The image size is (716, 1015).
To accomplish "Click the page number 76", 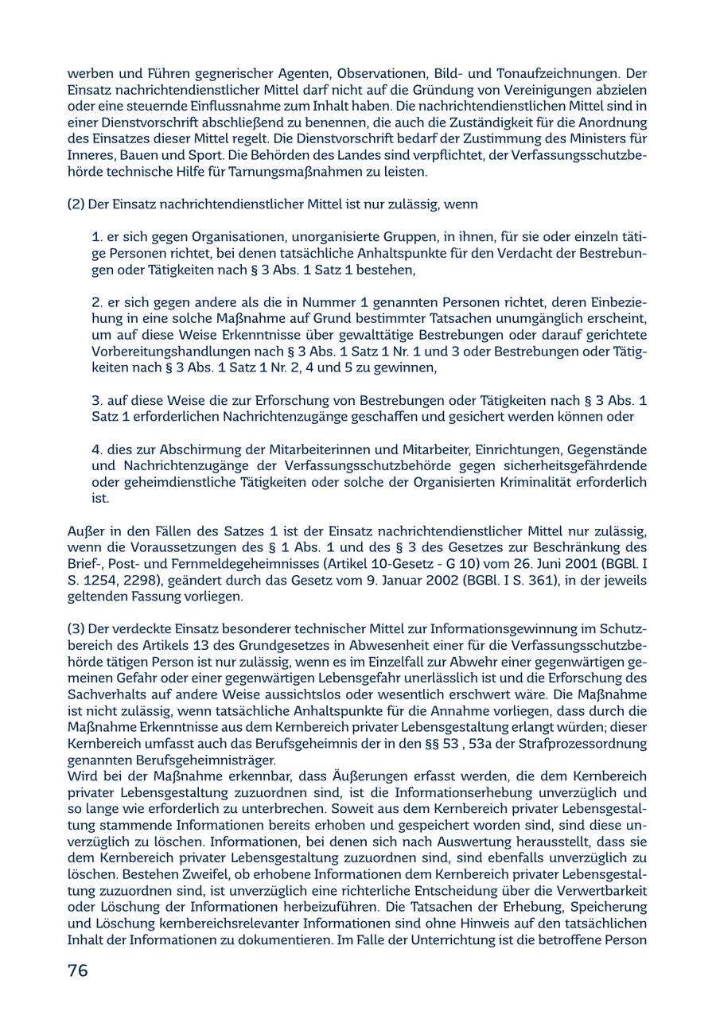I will pyautogui.click(x=78, y=970).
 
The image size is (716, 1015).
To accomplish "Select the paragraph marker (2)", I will pyautogui.click(x=76, y=204).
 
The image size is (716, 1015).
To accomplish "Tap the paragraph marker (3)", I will pyautogui.click(x=76, y=628).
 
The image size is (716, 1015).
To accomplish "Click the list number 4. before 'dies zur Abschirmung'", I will pyautogui.click(x=97, y=449).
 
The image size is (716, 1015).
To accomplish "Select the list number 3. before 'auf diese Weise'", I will pyautogui.click(x=97, y=400).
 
